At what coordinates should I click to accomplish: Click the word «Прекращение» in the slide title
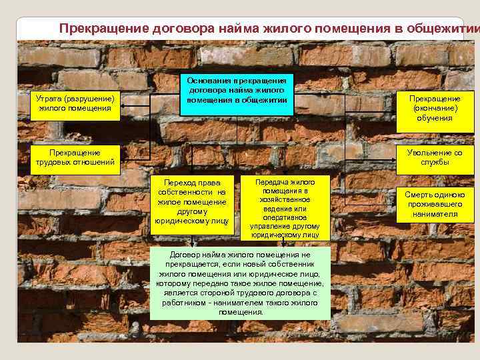(99, 29)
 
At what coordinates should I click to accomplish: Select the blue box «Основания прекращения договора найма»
(237, 91)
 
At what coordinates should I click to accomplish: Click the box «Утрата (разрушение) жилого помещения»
(75, 104)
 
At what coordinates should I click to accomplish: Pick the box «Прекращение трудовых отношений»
(75, 157)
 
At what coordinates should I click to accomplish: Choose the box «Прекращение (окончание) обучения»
(435, 108)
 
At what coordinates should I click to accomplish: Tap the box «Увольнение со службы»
(435, 157)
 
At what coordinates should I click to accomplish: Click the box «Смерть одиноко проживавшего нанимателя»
(435, 204)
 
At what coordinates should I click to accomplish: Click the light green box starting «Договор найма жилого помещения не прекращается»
(241, 283)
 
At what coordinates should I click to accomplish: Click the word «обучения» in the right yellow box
(435, 118)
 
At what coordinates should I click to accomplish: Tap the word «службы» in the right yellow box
(435, 162)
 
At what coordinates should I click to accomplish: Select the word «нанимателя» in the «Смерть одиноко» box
(435, 214)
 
